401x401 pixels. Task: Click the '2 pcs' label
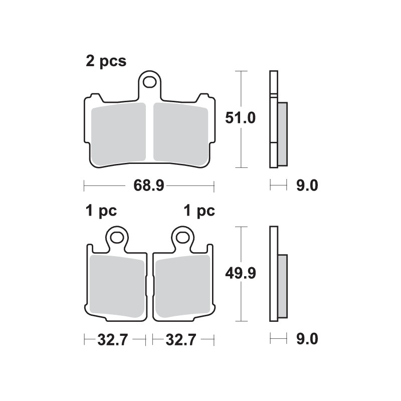coord(106,62)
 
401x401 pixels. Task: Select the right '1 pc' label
coord(199,211)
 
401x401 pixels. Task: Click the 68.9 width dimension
coord(149,186)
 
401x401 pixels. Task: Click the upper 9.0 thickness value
coord(307,186)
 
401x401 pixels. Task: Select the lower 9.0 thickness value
coord(307,340)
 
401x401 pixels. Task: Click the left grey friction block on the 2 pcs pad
coord(119,133)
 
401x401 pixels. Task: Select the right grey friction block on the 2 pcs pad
coord(180,133)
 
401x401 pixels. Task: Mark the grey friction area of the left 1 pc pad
coord(117,287)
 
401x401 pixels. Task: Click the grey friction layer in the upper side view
coord(282,133)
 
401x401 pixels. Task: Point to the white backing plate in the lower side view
coord(273,273)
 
